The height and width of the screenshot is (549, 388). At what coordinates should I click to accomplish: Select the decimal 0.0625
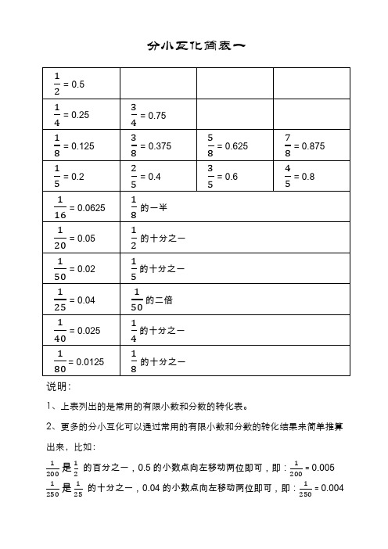(x=87, y=207)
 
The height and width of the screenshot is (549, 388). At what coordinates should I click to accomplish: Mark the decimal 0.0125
(x=87, y=361)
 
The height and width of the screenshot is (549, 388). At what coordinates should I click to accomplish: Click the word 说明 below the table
(x=58, y=386)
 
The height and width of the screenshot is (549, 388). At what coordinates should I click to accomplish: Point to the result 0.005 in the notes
(x=322, y=468)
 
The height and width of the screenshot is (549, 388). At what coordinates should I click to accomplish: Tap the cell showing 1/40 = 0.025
(x=77, y=330)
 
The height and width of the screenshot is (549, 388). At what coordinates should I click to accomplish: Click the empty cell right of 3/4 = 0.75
(x=235, y=115)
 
